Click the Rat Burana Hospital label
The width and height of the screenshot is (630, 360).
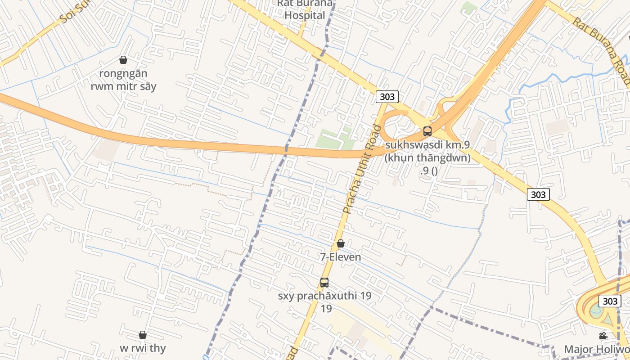305,10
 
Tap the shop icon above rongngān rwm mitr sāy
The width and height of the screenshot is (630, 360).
123,60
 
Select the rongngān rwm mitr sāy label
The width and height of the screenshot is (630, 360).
123,80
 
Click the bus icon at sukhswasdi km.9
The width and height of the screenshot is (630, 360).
427,131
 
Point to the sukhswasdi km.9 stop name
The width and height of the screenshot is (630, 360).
427,145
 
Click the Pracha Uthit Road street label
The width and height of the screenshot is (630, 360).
362,169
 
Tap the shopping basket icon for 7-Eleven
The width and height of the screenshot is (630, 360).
341,243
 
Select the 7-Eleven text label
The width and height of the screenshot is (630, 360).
341,257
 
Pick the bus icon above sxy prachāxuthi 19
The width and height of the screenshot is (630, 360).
324,283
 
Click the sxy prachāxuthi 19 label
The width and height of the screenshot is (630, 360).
324,297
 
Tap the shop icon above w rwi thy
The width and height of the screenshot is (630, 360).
143,335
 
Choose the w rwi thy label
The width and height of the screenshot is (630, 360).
143,348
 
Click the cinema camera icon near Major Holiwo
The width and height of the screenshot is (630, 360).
603,336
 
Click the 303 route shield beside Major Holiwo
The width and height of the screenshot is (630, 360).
610,301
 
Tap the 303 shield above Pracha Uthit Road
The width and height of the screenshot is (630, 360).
387,97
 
